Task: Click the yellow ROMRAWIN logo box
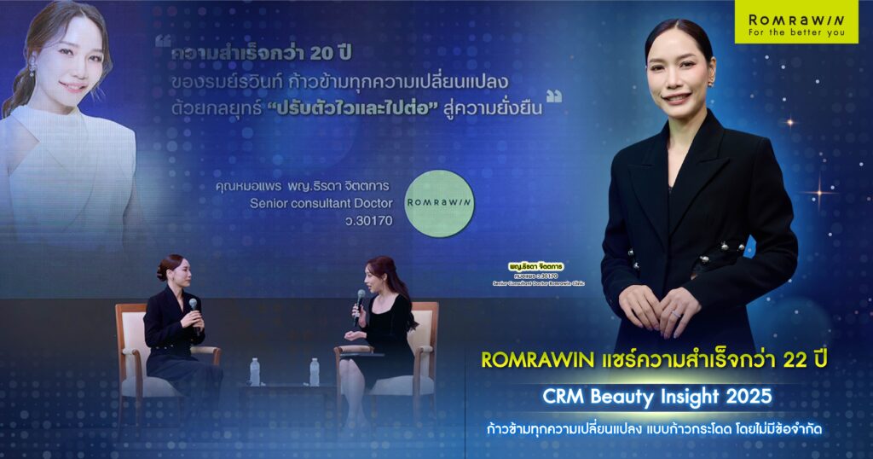(x=796, y=22)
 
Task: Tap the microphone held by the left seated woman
(x=194, y=305)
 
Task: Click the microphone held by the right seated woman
(x=361, y=299)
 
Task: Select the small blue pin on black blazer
(x=749, y=247)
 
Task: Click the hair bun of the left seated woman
(x=161, y=271)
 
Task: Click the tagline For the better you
(x=796, y=34)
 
